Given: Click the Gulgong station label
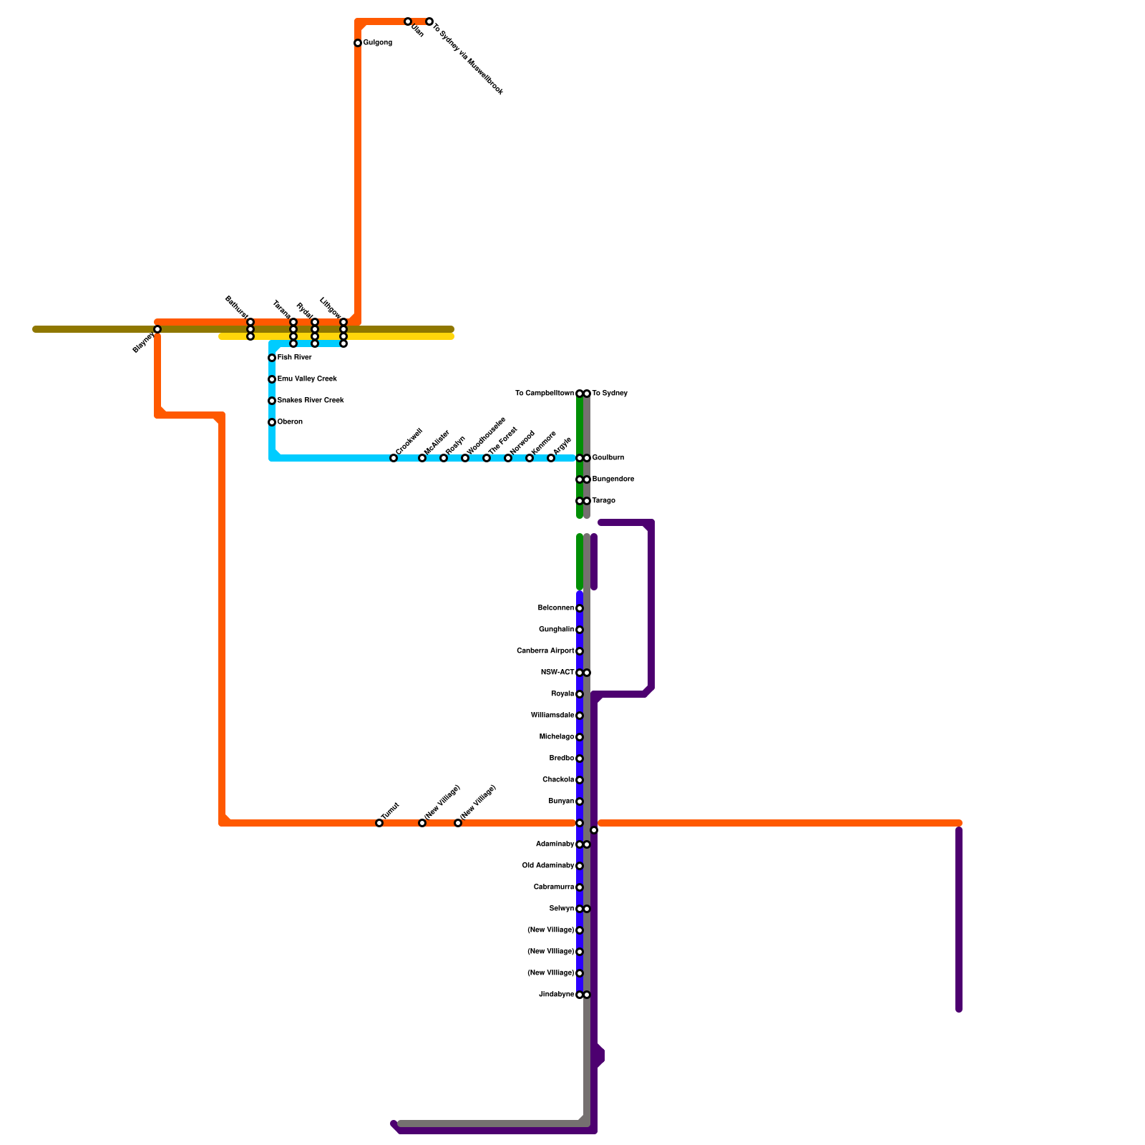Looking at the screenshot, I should coord(377,43).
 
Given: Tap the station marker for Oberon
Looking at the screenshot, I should coord(272,422).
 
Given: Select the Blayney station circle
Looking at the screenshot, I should coord(157,329).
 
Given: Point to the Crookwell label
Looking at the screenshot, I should coord(409,441).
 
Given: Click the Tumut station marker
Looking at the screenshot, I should coord(379,823).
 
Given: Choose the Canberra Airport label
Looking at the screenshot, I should coord(545,651).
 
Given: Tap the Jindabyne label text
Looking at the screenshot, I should coord(556,995).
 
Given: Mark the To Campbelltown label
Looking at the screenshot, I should coord(545,394).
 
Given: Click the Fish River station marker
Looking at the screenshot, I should coord(272,358).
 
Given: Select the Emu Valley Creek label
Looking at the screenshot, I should coord(307,379).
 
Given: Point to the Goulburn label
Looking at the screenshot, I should coord(608,458).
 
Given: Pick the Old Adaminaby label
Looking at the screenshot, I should coord(548,866).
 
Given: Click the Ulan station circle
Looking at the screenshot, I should coord(408,21).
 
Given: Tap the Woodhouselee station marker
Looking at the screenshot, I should coord(465,458).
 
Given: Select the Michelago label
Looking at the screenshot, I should coord(557,737).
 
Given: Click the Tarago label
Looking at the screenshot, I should coord(604,501).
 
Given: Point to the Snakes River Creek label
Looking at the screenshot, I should coord(311,401).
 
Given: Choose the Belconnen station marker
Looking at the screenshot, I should coord(580,608).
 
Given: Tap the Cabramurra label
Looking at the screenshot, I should coord(554,887).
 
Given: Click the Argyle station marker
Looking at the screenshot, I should coord(551,458).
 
